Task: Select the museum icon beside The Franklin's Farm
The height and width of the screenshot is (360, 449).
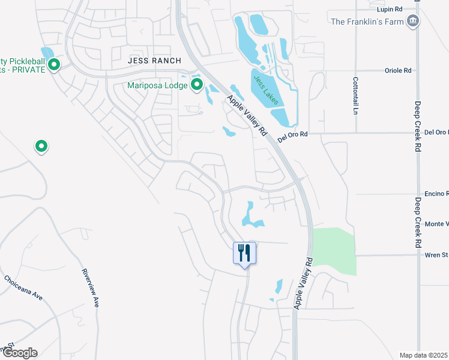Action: [x=412, y=22]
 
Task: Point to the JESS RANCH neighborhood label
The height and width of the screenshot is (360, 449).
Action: [x=151, y=61]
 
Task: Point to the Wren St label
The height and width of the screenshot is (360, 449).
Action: [x=436, y=255]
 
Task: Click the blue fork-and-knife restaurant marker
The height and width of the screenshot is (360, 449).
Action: [x=244, y=253]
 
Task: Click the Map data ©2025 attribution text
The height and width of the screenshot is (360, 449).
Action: [x=423, y=355]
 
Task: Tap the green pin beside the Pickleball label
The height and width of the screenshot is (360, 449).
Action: [x=54, y=64]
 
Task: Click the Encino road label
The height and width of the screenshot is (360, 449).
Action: [x=436, y=194]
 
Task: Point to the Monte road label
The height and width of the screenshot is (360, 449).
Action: [x=436, y=224]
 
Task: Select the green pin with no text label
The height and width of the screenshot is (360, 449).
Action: [x=41, y=145]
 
